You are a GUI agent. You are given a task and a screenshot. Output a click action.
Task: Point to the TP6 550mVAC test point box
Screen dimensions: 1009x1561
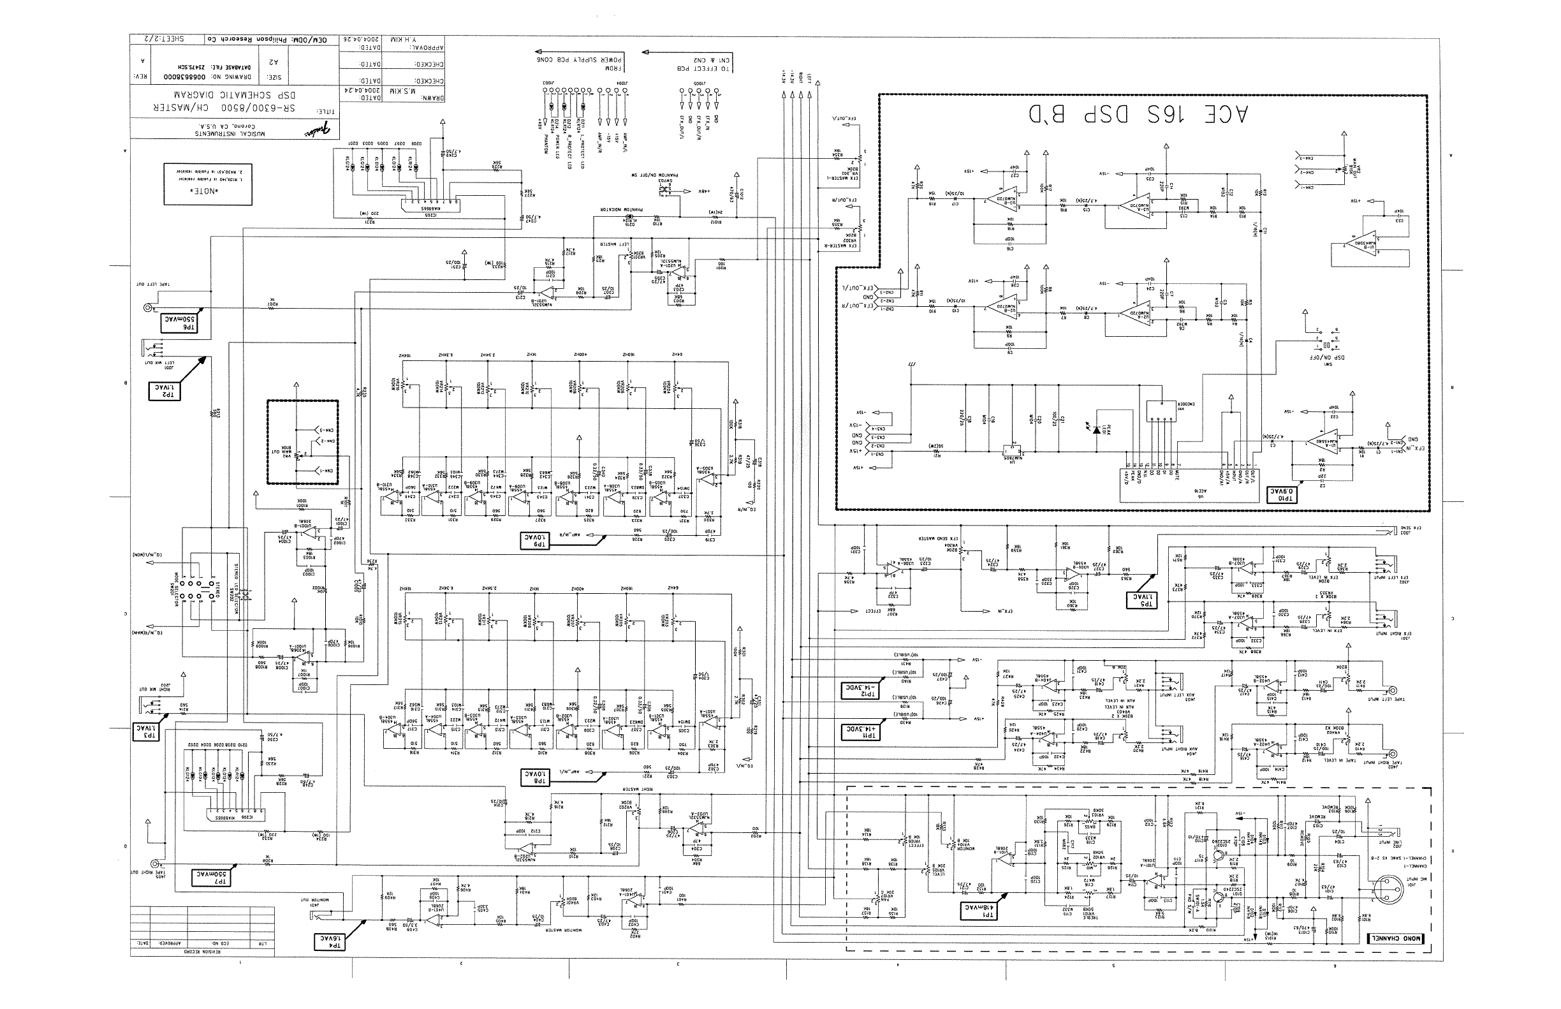coord(179,322)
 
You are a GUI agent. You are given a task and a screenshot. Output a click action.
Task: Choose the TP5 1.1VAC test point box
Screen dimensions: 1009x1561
coord(1141,599)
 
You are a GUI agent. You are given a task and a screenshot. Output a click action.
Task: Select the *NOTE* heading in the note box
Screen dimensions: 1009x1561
coord(207,191)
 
